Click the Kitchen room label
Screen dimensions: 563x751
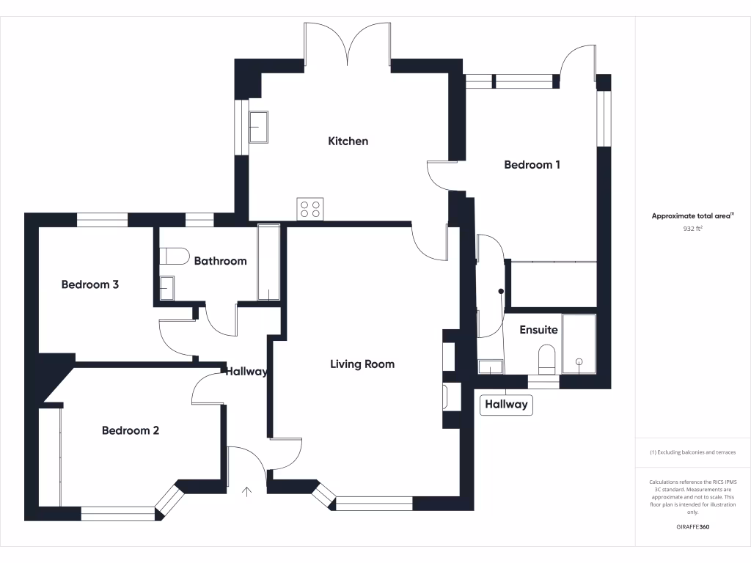click(348, 141)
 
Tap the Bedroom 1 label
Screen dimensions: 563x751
click(532, 165)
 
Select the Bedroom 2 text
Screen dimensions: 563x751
click(130, 430)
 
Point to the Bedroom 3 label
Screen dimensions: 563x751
click(89, 284)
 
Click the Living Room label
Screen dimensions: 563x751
click(362, 364)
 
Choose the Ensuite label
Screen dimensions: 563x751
click(538, 330)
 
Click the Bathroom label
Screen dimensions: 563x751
click(220, 261)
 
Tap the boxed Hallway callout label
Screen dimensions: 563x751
click(506, 404)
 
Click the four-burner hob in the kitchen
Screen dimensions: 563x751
click(310, 209)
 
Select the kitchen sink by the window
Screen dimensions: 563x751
click(258, 127)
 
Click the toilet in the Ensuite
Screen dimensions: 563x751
click(547, 359)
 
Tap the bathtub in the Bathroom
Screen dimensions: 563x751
click(269, 262)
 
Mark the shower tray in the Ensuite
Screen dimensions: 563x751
click(579, 342)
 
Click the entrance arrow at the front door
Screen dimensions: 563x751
click(246, 490)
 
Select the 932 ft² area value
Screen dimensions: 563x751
click(692, 229)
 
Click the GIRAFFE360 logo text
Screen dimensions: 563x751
click(692, 527)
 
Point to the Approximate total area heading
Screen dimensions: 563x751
click(692, 216)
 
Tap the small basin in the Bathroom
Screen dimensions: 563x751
click(166, 288)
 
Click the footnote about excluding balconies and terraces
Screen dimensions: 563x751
click(692, 452)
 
